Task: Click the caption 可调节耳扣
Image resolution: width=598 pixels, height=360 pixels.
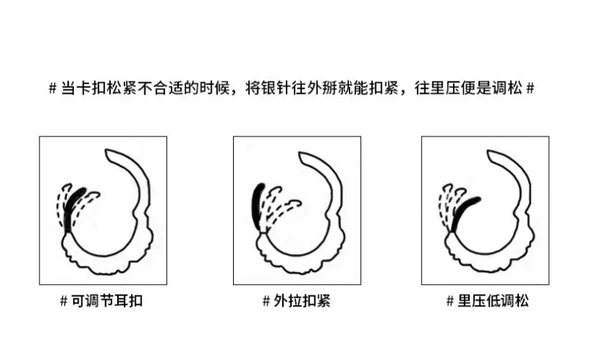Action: (107, 301)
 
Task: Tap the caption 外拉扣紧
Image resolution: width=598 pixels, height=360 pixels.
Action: (302, 301)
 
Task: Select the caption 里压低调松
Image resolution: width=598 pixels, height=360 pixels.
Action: (493, 301)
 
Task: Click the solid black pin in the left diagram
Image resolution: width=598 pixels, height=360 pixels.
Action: (73, 208)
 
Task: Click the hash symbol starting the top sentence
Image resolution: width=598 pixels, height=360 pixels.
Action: (53, 89)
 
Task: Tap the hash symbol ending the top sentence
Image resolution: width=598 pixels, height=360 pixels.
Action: (530, 89)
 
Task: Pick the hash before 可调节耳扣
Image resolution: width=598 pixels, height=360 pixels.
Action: (64, 301)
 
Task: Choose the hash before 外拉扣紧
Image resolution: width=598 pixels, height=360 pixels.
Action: (266, 301)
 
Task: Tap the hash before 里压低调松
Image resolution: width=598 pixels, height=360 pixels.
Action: (450, 301)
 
